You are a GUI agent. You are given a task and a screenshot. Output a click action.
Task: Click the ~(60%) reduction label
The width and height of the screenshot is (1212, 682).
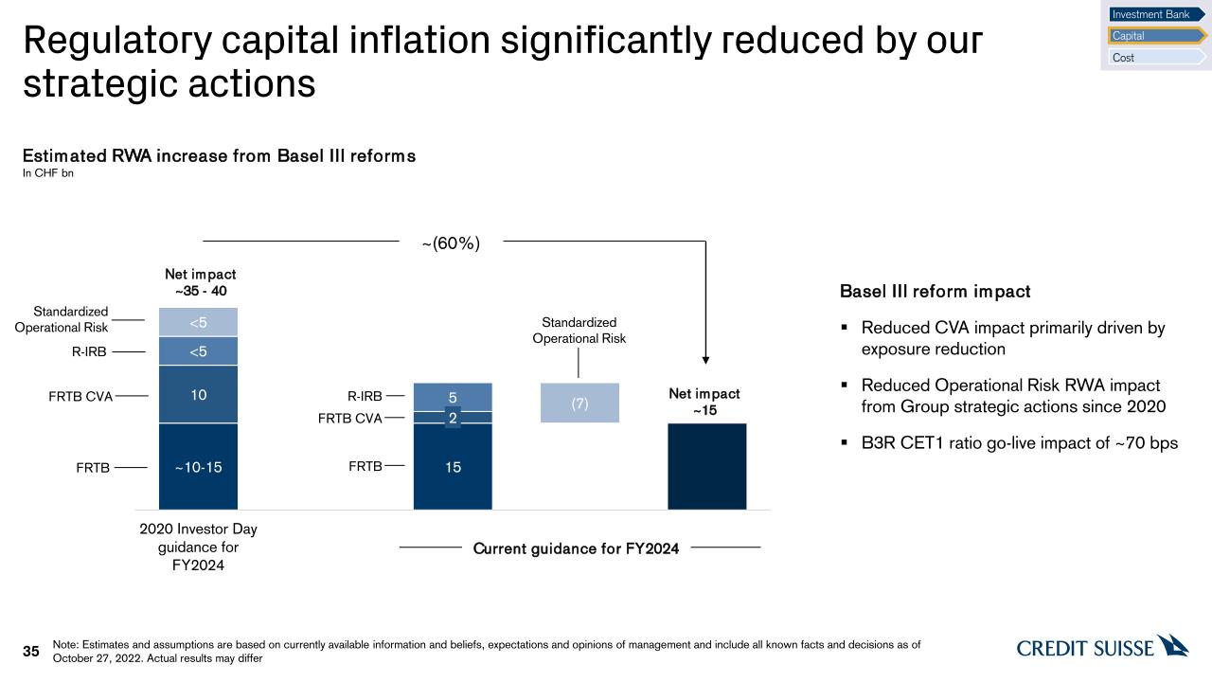(x=451, y=243)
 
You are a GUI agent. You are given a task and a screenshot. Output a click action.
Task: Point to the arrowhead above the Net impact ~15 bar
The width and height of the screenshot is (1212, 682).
(x=705, y=359)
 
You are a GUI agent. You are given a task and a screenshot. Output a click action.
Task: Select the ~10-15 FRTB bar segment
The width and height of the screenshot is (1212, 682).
(x=198, y=466)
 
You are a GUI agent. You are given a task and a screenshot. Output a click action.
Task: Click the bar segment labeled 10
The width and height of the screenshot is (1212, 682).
(x=198, y=394)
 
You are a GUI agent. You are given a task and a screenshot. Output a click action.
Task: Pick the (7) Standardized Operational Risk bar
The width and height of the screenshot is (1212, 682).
(x=579, y=404)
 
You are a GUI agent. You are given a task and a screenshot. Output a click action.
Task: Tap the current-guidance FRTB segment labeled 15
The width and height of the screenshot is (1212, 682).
(x=453, y=466)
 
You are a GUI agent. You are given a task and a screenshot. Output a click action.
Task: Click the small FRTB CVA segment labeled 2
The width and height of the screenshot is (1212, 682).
(x=453, y=418)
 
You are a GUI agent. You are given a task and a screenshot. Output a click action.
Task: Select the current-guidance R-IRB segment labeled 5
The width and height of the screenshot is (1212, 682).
(x=453, y=397)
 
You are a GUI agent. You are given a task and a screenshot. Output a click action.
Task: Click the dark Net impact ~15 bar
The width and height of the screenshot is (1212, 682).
(x=706, y=466)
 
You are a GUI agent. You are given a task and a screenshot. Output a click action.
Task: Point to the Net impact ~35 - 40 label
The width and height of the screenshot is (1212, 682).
(x=198, y=282)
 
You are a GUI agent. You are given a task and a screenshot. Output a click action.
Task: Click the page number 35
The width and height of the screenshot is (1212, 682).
(x=31, y=652)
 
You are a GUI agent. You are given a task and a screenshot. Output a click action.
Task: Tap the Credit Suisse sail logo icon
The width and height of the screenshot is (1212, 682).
(x=1173, y=646)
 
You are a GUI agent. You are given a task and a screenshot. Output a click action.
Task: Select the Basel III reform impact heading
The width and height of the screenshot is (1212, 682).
(x=935, y=292)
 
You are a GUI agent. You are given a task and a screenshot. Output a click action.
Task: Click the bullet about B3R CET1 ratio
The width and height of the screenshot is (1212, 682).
(x=1019, y=442)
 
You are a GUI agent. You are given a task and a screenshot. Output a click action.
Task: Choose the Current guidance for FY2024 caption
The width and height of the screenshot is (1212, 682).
(x=576, y=548)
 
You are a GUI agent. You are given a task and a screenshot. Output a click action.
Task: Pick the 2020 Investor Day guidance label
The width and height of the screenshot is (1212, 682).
(x=198, y=547)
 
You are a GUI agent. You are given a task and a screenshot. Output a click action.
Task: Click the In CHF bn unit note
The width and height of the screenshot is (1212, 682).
(x=48, y=172)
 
